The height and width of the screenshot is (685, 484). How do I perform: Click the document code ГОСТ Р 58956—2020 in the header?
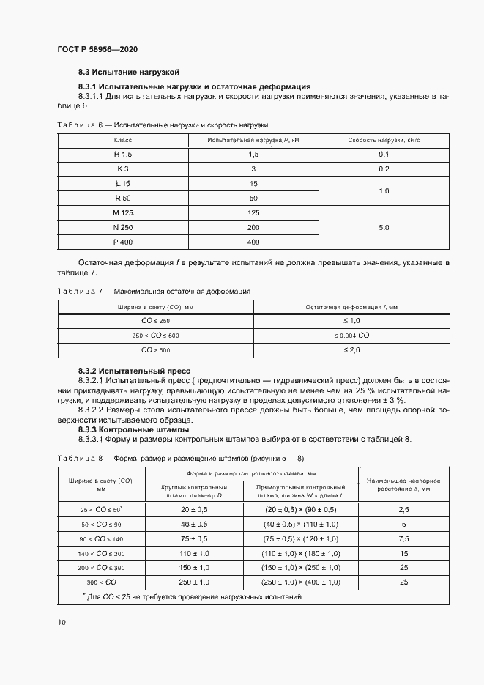(x=97, y=49)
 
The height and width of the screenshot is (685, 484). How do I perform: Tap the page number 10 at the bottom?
(x=62, y=622)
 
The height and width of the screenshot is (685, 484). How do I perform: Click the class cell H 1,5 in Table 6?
(x=123, y=154)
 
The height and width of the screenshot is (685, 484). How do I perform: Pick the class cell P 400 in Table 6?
(x=123, y=242)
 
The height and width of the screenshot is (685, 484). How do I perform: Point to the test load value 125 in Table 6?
(x=254, y=212)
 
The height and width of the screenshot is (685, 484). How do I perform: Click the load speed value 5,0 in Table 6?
(x=384, y=227)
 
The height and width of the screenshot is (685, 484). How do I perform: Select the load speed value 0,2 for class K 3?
(x=384, y=169)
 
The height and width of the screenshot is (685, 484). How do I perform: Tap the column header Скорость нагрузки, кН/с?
(x=384, y=139)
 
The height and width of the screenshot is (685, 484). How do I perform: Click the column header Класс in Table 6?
(x=123, y=139)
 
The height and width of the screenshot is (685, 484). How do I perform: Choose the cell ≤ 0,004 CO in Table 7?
(x=352, y=336)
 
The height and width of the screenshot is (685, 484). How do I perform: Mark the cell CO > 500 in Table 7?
(x=155, y=350)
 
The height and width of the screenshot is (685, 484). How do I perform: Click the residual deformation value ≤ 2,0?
(x=352, y=350)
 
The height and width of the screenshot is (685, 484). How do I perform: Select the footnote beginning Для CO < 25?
(x=191, y=596)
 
